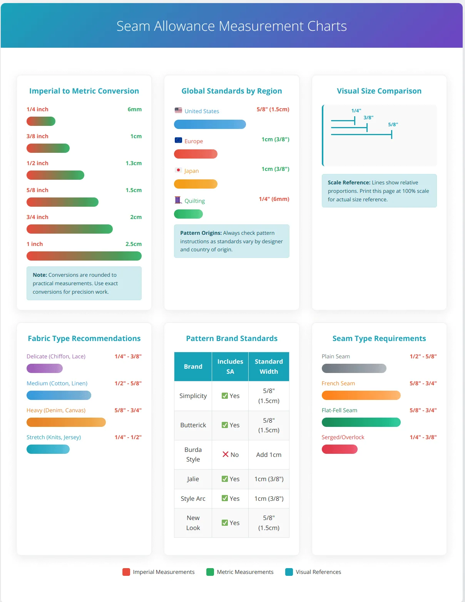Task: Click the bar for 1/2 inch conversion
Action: coord(55,175)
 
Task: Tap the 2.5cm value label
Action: coord(133,244)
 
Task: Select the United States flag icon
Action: coord(178,110)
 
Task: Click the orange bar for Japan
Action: coord(196,184)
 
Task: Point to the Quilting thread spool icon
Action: coord(178,200)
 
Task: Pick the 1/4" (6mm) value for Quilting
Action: coord(274,199)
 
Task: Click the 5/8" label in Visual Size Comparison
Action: coord(393,125)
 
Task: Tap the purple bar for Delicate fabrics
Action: coord(44,368)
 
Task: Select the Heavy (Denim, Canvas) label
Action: coord(56,410)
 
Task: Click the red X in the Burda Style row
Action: coord(226,454)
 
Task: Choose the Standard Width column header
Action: coord(269,366)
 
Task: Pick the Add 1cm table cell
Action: coord(269,455)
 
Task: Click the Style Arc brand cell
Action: coord(193,498)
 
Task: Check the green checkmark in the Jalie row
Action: coord(225,479)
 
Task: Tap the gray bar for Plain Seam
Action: coord(354,368)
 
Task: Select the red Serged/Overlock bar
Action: coord(340,449)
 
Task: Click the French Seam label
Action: coord(338,383)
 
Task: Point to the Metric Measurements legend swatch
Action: coord(210,572)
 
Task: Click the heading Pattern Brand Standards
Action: coord(232,338)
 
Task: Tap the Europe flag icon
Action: coord(178,140)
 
